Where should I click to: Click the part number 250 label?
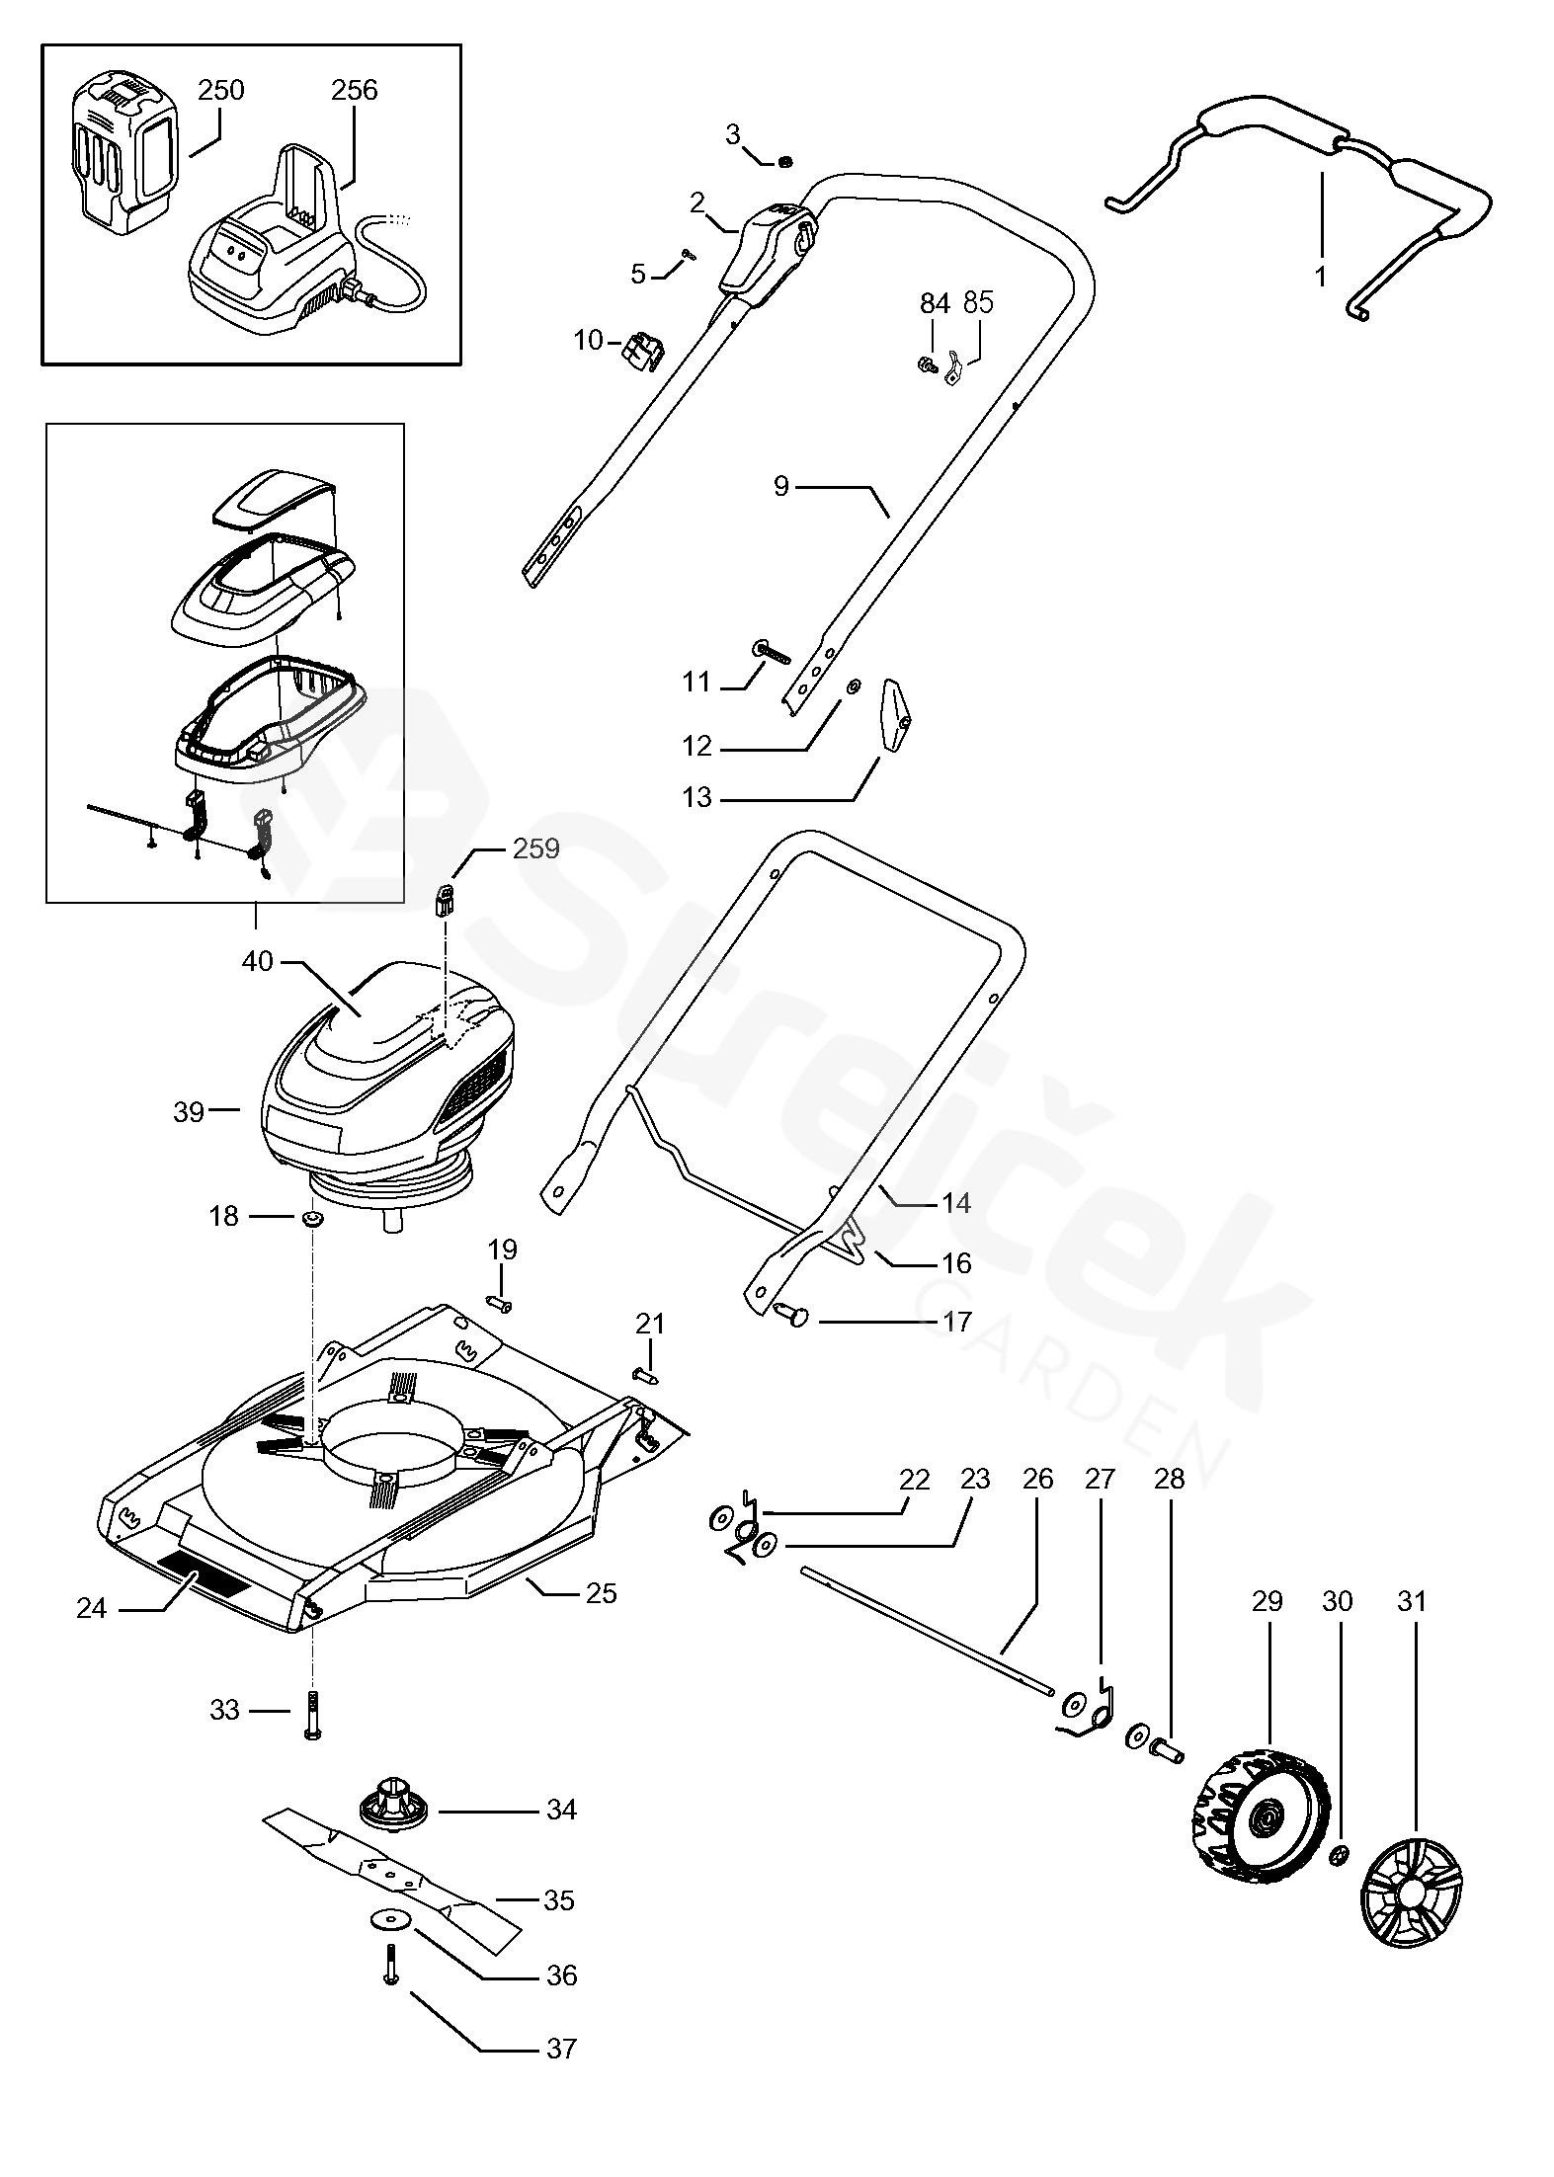click(220, 91)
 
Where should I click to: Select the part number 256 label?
click(354, 91)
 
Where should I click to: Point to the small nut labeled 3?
click(785, 161)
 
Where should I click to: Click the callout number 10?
click(588, 341)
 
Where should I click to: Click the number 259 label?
click(536, 848)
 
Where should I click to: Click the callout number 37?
click(561, 2049)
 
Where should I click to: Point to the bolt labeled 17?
click(792, 1316)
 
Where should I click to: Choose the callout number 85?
click(978, 303)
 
